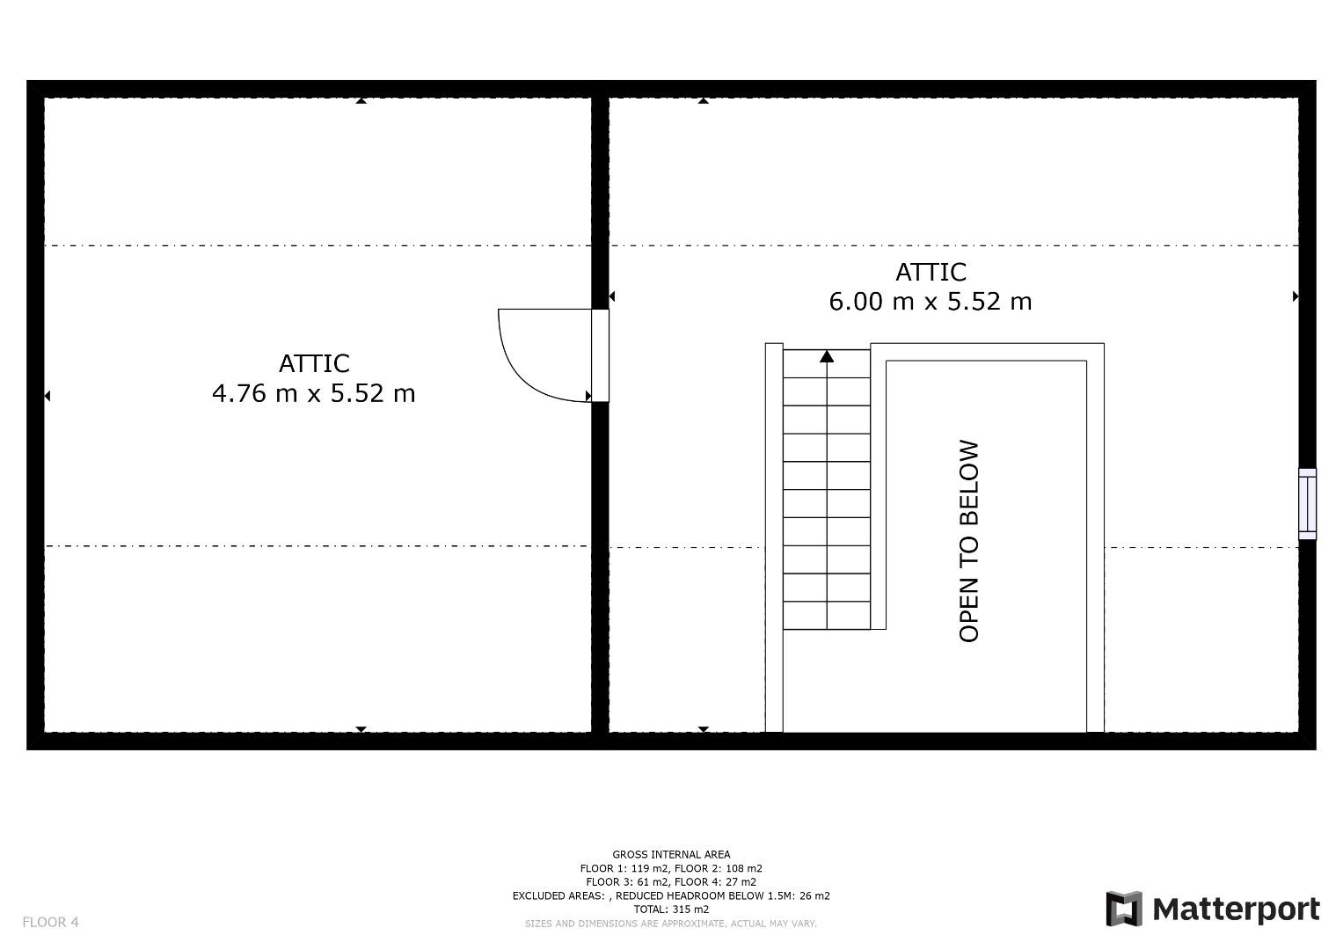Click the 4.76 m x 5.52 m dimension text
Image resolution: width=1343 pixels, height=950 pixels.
click(314, 394)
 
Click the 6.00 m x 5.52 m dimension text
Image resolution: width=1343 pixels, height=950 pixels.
click(931, 302)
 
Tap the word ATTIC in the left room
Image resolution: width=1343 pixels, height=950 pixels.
click(314, 363)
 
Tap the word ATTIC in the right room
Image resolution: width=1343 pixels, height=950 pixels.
click(931, 273)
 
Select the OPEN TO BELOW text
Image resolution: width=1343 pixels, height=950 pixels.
click(969, 541)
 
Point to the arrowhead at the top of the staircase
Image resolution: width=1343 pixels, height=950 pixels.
click(827, 356)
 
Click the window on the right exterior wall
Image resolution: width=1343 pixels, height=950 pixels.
click(1308, 504)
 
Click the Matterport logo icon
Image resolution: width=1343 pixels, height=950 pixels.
click(1123, 910)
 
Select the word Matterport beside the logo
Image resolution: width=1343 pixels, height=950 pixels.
click(1237, 910)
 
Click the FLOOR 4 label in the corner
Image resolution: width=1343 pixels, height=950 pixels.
click(50, 922)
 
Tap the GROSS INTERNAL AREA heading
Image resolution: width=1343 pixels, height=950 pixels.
click(671, 855)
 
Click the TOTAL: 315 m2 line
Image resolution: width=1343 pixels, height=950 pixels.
click(671, 910)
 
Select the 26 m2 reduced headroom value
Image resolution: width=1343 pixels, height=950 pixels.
click(814, 896)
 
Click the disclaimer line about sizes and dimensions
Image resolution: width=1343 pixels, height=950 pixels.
click(671, 924)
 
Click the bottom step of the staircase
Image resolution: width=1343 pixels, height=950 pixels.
click(827, 616)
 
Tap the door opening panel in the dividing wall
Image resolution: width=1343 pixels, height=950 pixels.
click(600, 355)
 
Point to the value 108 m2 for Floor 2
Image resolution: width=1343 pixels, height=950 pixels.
click(744, 868)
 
